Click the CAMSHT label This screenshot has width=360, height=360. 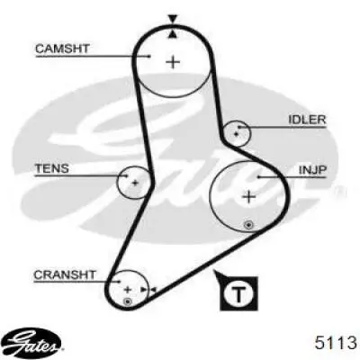[62, 49]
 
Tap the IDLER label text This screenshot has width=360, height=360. [307, 120]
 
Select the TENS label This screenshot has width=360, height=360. [52, 168]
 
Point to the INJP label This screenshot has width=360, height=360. [312, 170]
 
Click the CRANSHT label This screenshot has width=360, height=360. [65, 274]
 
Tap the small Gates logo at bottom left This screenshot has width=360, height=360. [33, 343]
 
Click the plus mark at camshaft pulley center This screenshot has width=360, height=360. [173, 62]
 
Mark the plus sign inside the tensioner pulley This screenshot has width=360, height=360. [135, 183]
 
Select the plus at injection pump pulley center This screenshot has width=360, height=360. [248, 197]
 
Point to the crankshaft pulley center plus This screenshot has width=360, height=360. [128, 290]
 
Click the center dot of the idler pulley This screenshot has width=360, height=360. [236, 134]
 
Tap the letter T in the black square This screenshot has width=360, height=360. [238, 294]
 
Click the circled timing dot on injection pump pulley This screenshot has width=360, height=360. [248, 225]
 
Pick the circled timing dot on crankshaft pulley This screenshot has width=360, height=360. [128, 301]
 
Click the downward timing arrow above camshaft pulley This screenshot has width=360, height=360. [172, 19]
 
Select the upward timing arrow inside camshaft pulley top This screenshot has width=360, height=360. [172, 34]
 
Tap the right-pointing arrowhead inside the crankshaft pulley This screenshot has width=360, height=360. [145, 290]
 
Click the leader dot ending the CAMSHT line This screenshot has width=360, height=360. [149, 56]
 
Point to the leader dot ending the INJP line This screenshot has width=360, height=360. [258, 177]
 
